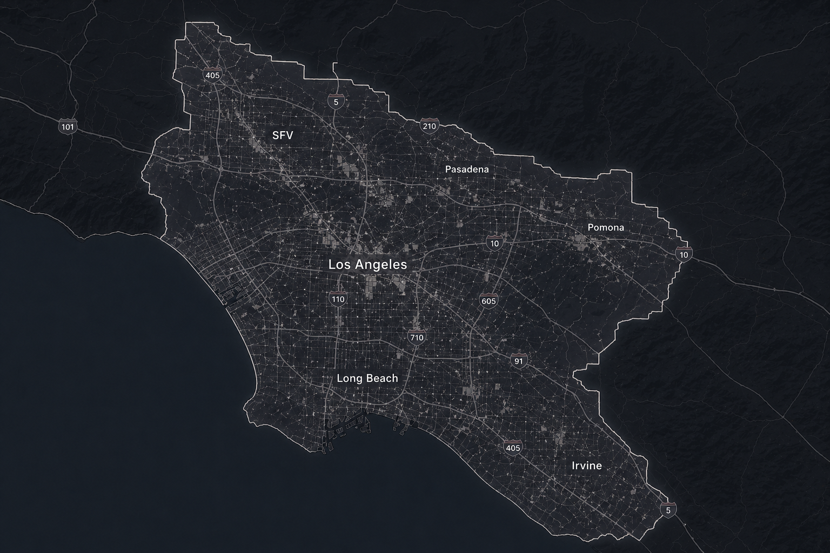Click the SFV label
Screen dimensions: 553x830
tap(283, 136)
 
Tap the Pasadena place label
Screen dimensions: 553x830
tap(467, 169)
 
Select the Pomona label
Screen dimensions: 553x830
tap(606, 227)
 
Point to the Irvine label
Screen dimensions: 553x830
tap(586, 466)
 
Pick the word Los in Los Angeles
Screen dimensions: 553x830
tap(339, 265)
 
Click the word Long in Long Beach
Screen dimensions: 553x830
tap(349, 378)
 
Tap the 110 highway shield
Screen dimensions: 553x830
tap(338, 299)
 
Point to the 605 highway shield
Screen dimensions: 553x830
tap(488, 301)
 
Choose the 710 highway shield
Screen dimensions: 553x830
tap(417, 338)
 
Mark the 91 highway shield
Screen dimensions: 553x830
tap(518, 361)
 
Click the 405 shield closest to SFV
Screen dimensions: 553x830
tap(212, 75)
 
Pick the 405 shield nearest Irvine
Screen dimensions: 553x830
tap(512, 448)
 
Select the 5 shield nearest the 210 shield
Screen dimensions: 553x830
tap(336, 101)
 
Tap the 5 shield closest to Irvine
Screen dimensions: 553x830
tap(668, 510)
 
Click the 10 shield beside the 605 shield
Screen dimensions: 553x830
tap(495, 243)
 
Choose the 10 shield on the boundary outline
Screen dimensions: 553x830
tap(684, 254)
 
